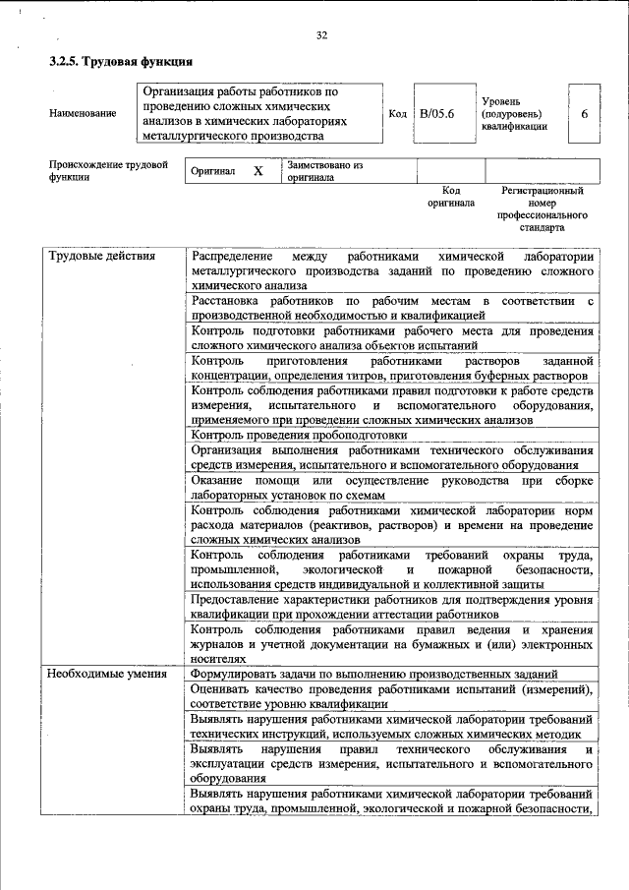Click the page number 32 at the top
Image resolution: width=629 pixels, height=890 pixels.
click(321, 36)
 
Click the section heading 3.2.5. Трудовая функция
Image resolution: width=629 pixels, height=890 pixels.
click(120, 62)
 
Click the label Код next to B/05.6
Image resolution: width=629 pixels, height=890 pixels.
click(398, 114)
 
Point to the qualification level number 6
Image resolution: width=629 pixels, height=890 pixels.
click(584, 114)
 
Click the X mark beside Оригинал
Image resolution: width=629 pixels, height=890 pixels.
click(258, 171)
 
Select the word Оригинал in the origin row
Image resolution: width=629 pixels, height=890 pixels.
click(213, 171)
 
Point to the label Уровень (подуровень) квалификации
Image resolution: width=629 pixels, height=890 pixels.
click(514, 114)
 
